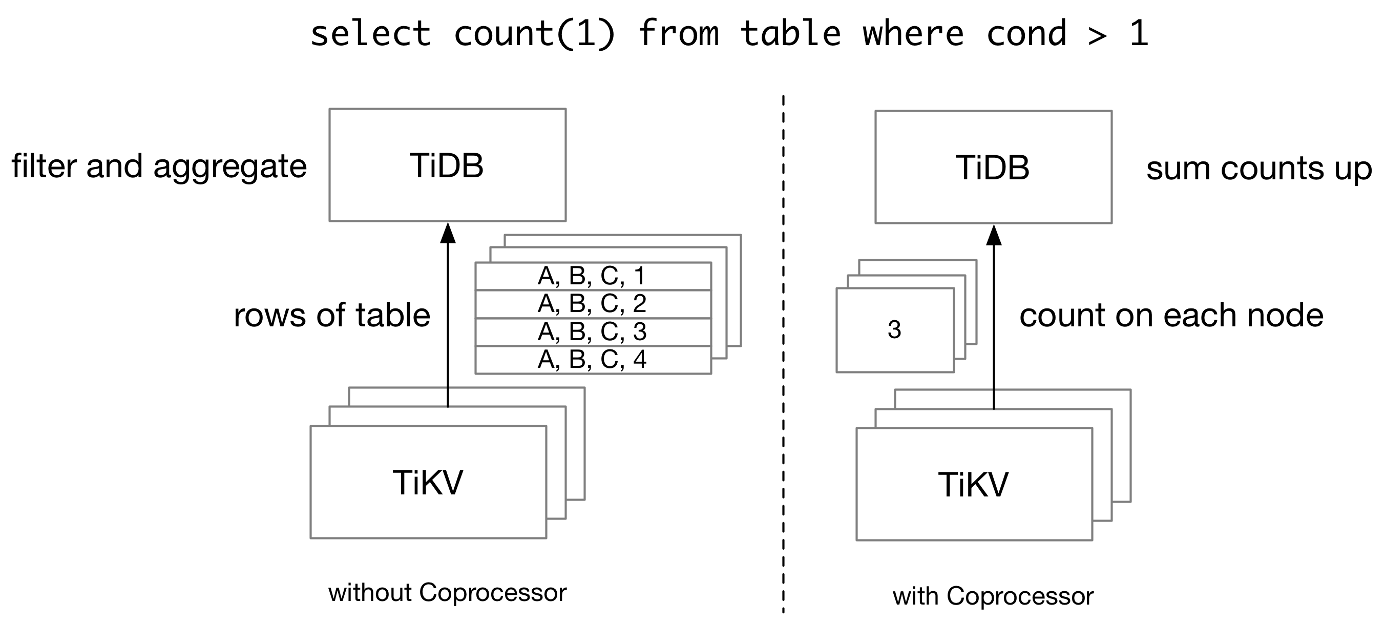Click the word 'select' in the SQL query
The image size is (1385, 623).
(370, 33)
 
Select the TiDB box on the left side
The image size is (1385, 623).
(447, 165)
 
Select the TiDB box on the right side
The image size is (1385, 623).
(993, 168)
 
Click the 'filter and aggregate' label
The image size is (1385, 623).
(159, 166)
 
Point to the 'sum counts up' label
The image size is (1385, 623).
(1258, 169)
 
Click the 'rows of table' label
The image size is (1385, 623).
(332, 315)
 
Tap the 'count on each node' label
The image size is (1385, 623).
(1171, 315)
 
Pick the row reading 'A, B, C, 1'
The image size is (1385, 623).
(592, 277)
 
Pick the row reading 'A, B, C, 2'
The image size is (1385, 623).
(592, 304)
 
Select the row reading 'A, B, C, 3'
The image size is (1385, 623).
(592, 332)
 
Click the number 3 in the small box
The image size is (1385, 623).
(894, 330)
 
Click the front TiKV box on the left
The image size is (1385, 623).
(428, 483)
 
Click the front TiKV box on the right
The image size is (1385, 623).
(974, 485)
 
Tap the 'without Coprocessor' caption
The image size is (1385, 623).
(447, 593)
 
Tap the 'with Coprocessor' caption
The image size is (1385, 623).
(993, 596)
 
